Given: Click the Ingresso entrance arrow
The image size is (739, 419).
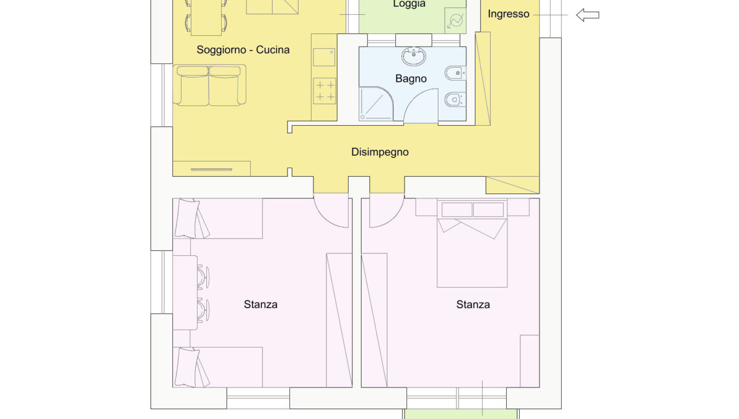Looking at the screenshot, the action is pyautogui.click(x=588, y=15).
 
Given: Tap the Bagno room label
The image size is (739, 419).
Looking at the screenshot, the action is pyautogui.click(x=411, y=79).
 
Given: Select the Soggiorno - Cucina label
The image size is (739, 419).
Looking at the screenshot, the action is pyautogui.click(x=243, y=50).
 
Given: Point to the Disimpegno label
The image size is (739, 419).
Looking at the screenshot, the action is pyautogui.click(x=380, y=152).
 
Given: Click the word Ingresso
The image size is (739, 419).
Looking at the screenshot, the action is pyautogui.click(x=509, y=14).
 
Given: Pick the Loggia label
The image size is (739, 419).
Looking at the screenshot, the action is pyautogui.click(x=409, y=4).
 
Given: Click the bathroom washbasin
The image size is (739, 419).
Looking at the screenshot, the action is pyautogui.click(x=413, y=56).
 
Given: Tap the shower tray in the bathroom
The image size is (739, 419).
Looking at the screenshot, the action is pyautogui.click(x=376, y=104).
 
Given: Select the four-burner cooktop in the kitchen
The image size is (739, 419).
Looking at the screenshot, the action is pyautogui.click(x=325, y=91).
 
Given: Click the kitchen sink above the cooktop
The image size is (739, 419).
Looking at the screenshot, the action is pyautogui.click(x=324, y=57).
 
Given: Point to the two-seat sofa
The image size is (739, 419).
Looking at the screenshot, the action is pyautogui.click(x=209, y=85).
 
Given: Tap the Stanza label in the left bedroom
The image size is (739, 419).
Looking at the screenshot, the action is pyautogui.click(x=260, y=304).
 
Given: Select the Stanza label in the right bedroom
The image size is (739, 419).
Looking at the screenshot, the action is pyautogui.click(x=473, y=304).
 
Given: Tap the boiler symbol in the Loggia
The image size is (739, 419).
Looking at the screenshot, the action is pyautogui.click(x=455, y=21).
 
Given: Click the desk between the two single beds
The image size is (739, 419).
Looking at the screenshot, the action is pyautogui.click(x=185, y=293).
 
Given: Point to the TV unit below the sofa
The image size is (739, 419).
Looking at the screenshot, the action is pyautogui.click(x=211, y=169).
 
